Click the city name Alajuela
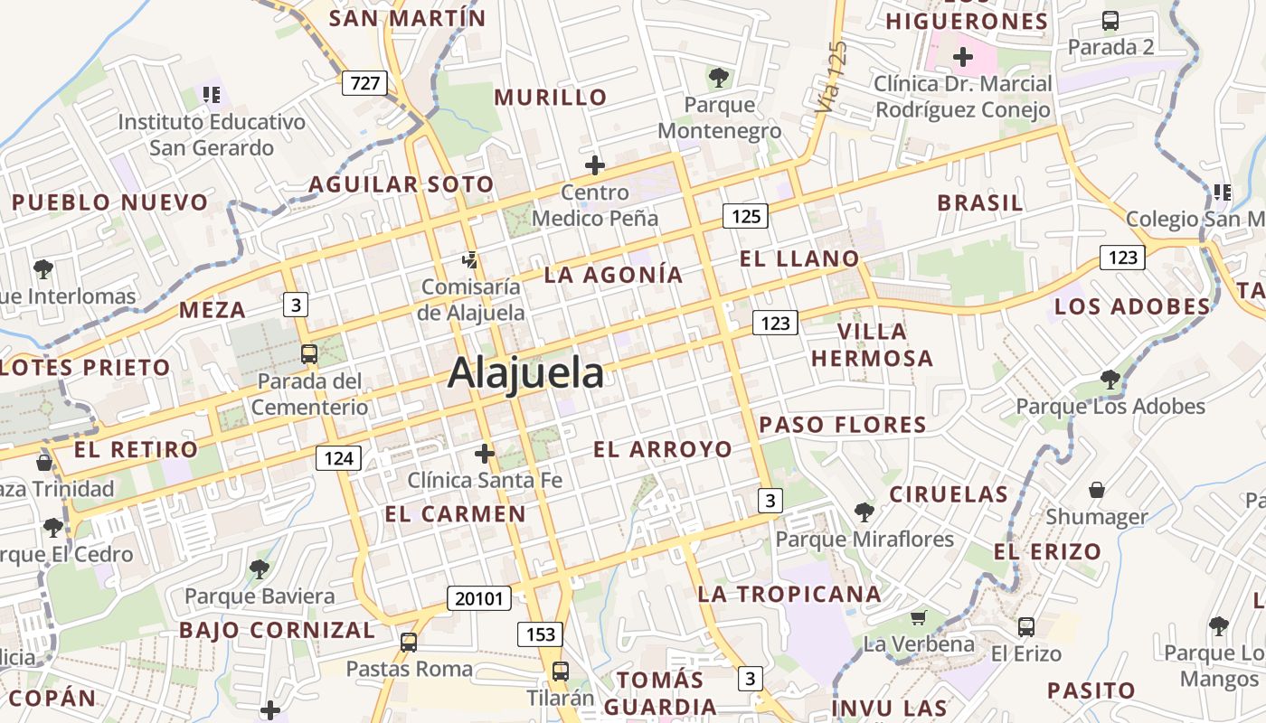(525, 373)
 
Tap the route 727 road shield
(364, 84)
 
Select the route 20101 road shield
(479, 597)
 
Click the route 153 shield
(540, 634)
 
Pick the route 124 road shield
(338, 458)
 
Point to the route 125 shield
(745, 216)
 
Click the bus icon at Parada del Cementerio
(309, 353)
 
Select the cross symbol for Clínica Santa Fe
(485, 453)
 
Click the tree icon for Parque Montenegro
(719, 78)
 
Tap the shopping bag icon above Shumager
(1097, 490)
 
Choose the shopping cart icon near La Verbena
(919, 618)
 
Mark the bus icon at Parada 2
(1110, 20)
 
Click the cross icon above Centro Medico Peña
(594, 165)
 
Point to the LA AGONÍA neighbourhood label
(613, 275)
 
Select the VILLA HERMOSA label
(872, 345)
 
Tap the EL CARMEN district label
(455, 514)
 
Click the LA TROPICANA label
(789, 594)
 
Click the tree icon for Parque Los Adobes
(1110, 379)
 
